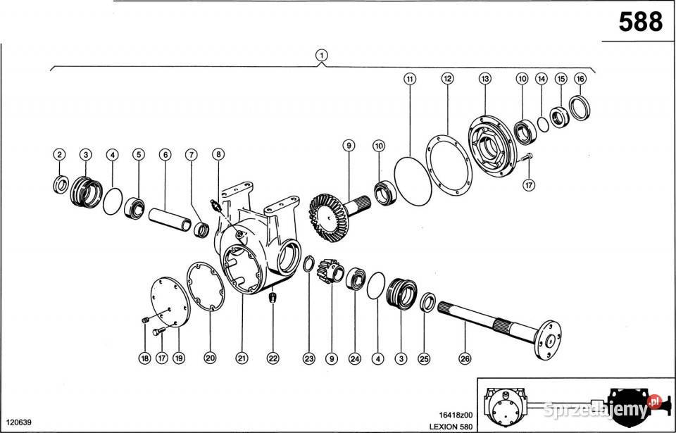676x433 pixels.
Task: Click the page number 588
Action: (640, 23)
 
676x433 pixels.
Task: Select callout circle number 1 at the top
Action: (322, 55)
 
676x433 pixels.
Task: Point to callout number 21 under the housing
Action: (242, 358)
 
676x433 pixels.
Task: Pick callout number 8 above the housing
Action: (218, 154)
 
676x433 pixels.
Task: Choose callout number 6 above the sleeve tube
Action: (165, 154)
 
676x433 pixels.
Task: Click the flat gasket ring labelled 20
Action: (206, 285)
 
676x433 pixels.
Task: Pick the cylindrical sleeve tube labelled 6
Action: (170, 217)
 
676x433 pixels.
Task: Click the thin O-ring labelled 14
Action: (542, 125)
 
